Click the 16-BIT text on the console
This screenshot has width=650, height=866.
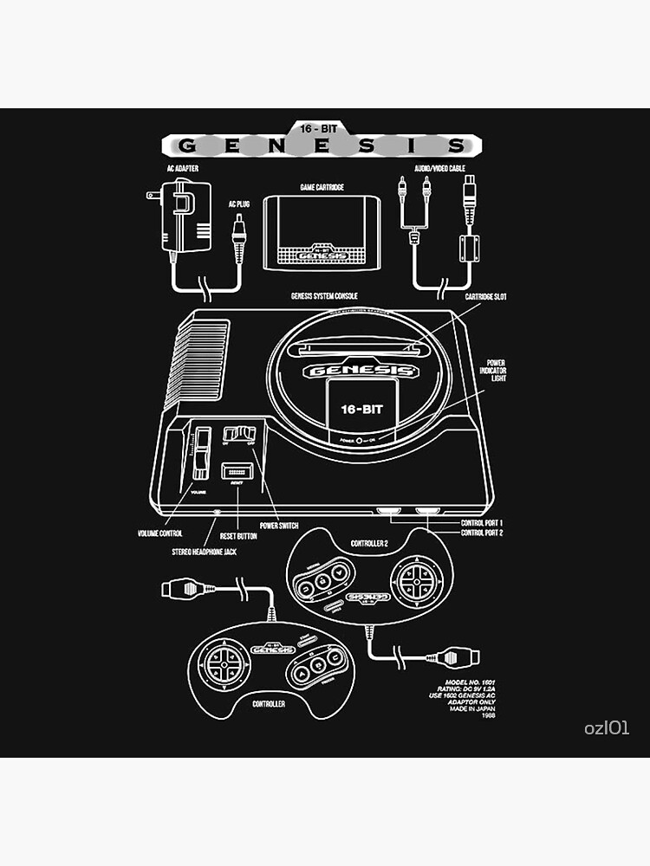358,408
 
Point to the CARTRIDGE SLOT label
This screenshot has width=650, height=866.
486,297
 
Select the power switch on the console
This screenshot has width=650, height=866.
239,432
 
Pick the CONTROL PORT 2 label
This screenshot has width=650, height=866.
482,533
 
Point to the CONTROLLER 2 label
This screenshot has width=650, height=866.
370,544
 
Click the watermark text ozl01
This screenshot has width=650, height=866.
607,728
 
